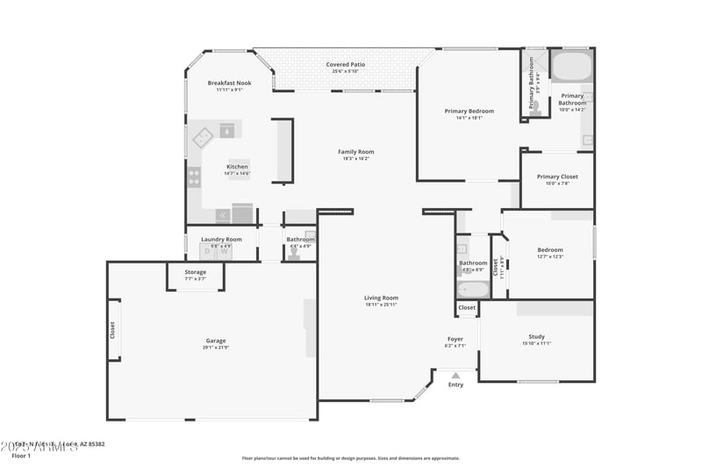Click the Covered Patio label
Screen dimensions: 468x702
click(x=345, y=64)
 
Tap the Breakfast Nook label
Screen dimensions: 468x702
click(x=229, y=83)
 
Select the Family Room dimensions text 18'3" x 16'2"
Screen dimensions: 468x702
click(x=355, y=159)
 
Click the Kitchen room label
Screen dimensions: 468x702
click(x=237, y=166)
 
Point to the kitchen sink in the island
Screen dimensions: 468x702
click(x=227, y=130)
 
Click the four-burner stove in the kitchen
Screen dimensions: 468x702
click(x=194, y=176)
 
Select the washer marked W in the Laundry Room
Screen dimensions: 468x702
click(x=224, y=251)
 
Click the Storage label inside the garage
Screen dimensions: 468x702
click(x=196, y=272)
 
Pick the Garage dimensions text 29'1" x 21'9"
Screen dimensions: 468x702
click(x=216, y=348)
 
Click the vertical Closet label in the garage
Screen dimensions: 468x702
click(x=112, y=330)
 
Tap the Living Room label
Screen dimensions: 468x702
click(x=381, y=298)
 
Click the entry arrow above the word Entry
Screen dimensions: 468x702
click(x=455, y=375)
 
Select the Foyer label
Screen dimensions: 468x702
click(x=455, y=339)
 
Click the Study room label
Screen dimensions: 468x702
click(x=536, y=336)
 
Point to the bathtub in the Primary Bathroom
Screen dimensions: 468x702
click(x=571, y=67)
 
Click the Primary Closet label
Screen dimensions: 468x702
click(x=557, y=176)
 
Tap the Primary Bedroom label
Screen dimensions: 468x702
click(x=469, y=111)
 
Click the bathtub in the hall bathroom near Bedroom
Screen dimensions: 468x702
click(x=472, y=288)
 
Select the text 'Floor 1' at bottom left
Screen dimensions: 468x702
click(x=21, y=456)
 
